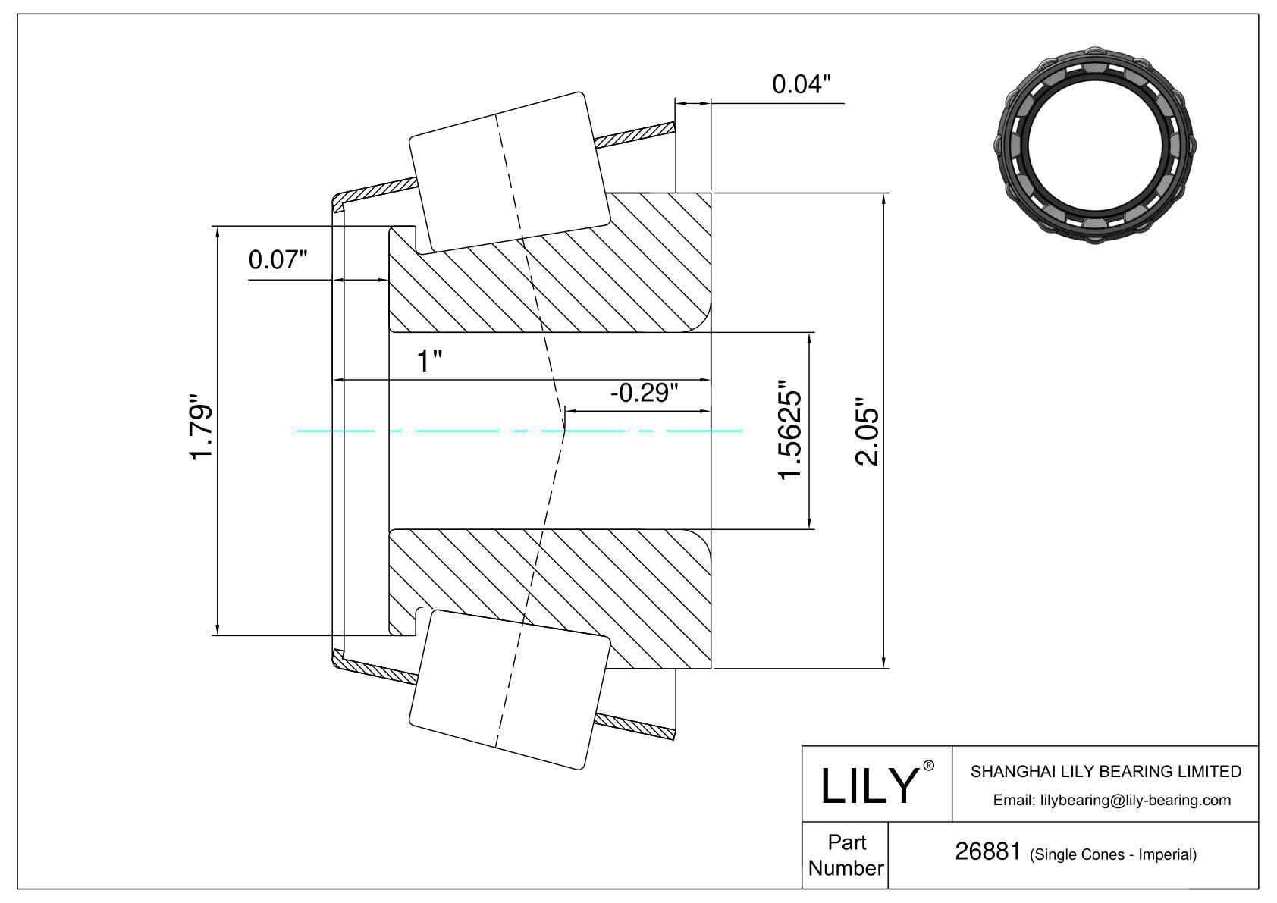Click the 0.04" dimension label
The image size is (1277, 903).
[x=801, y=84]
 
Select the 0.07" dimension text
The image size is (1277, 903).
[x=278, y=260]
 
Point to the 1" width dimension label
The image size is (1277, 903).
[x=430, y=361]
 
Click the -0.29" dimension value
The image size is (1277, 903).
[x=645, y=393]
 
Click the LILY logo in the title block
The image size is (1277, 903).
[x=869, y=786]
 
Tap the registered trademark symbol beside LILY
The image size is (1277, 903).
[x=928, y=766]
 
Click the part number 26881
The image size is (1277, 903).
[x=988, y=851]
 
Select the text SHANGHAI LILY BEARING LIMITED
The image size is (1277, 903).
[x=1106, y=771]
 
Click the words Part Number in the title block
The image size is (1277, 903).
[x=846, y=855]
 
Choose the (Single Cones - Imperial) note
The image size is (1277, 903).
[x=1113, y=854]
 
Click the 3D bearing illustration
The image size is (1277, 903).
[x=1094, y=145]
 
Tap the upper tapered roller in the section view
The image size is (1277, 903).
[x=510, y=171]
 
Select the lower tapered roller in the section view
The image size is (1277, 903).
[x=510, y=690]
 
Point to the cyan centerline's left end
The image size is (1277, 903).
[x=297, y=431]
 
